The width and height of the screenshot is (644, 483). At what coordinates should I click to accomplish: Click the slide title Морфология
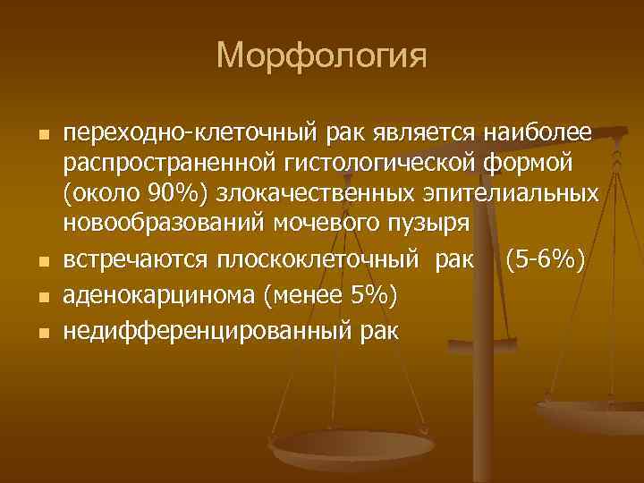tap(322, 56)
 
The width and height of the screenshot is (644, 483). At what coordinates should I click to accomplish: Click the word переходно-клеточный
tap(185, 133)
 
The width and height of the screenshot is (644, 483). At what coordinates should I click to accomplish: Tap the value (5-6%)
tap(546, 262)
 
